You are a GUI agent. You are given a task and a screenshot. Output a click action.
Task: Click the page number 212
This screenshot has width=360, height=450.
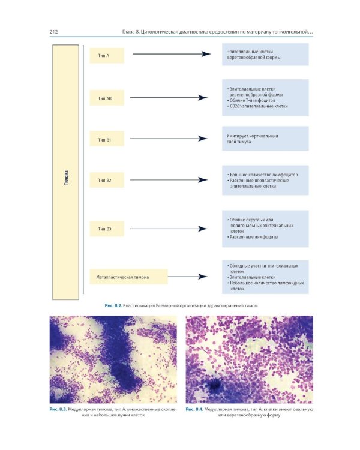coord(53,32)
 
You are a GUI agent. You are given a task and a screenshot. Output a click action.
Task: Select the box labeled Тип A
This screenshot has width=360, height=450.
coord(107,55)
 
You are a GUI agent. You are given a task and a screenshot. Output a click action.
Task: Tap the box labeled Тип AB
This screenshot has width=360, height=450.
coord(107,98)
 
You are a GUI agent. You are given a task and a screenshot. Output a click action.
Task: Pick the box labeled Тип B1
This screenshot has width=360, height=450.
coord(107,139)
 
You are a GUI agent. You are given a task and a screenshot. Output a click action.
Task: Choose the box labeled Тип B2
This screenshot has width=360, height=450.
coord(107,180)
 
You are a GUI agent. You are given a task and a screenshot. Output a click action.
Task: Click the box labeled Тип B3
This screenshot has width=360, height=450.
coord(107,229)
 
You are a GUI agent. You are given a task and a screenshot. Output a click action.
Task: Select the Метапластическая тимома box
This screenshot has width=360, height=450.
coord(128,277)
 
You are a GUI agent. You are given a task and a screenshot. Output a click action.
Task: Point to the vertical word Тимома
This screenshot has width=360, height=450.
coord(67,178)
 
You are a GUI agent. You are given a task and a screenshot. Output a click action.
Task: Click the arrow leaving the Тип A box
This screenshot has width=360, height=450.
coord(172,54)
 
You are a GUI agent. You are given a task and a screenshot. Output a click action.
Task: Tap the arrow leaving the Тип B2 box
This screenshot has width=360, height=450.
coord(169,180)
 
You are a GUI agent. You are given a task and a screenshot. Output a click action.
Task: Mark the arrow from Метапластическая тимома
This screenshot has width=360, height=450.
coord(188,277)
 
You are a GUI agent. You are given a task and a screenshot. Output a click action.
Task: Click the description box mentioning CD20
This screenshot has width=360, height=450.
coord(265,98)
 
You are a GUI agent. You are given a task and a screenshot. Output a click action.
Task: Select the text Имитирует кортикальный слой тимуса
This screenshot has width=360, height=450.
coord(253,139)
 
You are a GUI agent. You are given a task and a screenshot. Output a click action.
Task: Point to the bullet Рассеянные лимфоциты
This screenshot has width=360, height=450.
coord(253,237)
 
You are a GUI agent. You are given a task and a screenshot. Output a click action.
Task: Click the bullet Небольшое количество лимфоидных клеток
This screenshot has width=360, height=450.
coord(266,286)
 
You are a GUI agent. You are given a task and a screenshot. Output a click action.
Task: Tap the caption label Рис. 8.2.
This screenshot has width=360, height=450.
coord(113,305)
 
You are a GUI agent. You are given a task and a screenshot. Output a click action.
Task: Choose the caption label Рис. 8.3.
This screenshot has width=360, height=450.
coord(58,409)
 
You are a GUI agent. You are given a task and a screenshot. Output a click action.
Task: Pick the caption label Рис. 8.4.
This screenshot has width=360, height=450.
coord(194,409)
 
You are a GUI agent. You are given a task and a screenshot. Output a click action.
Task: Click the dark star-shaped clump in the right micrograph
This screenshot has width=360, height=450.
coord(214,385)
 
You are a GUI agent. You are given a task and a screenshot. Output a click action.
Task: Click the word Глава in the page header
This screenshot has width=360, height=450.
coord(128,32)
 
